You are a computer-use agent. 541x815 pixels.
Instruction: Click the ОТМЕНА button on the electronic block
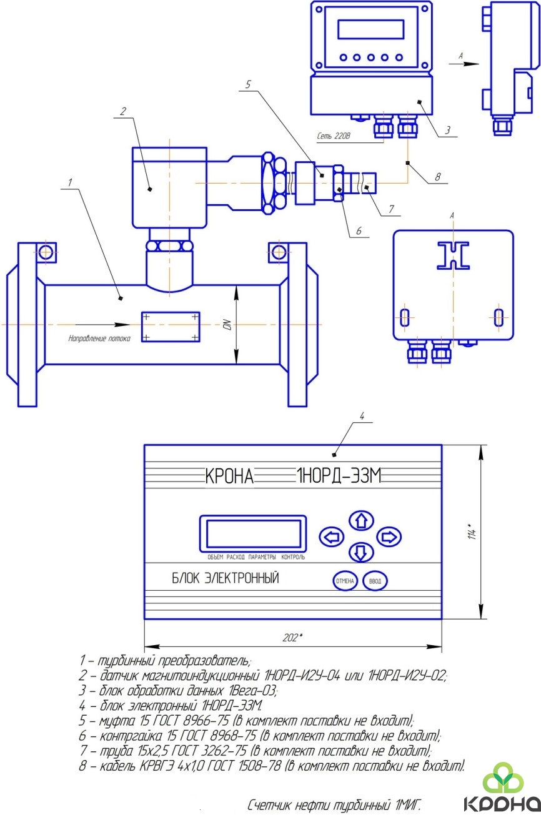point(345,581)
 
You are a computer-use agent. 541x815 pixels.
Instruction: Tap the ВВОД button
point(375,581)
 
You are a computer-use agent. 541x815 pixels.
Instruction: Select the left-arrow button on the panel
point(332,536)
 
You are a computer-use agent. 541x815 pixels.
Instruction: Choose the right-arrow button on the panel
point(389,536)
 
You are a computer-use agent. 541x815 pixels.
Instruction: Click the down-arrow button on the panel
point(361,553)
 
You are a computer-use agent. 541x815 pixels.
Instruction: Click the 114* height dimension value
point(472,531)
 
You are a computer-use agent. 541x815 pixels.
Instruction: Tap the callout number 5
point(248,84)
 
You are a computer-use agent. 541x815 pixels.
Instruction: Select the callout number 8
point(437,177)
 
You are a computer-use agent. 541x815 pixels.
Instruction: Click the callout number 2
point(123,111)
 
